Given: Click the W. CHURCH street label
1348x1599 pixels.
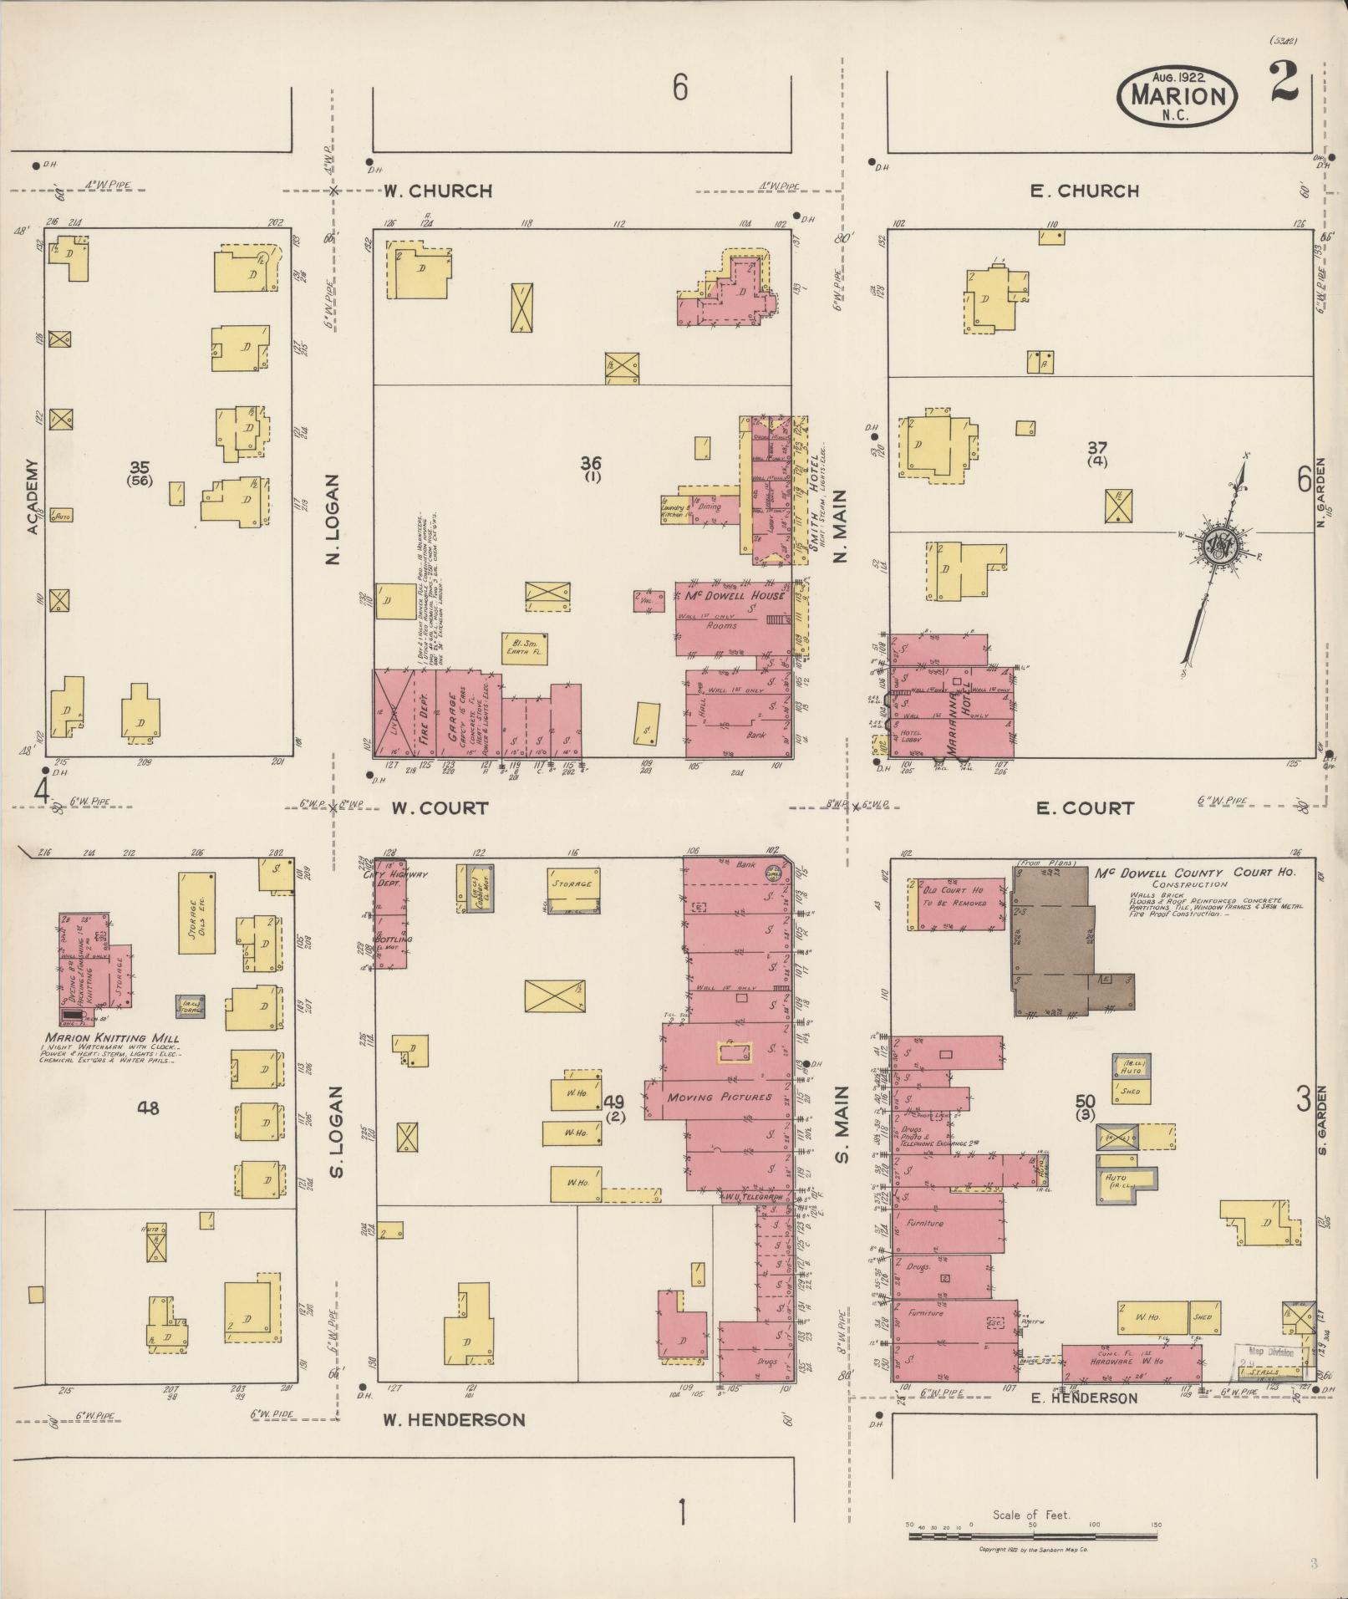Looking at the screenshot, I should coord(437,191).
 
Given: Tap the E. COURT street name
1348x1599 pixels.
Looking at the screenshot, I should coord(1084,807).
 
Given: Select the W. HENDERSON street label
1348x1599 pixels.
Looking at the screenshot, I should coord(454,1419).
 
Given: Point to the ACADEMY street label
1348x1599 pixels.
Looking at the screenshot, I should coord(33,496).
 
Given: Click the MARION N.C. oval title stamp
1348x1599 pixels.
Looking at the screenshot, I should coord(1176,96).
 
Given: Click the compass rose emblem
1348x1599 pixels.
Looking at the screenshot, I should coord(1220,545).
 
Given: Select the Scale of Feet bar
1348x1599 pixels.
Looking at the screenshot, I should coord(1033,1536).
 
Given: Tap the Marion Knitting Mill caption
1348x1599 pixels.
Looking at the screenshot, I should coord(112,1040).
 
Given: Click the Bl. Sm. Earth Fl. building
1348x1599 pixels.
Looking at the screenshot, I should coord(524,649).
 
